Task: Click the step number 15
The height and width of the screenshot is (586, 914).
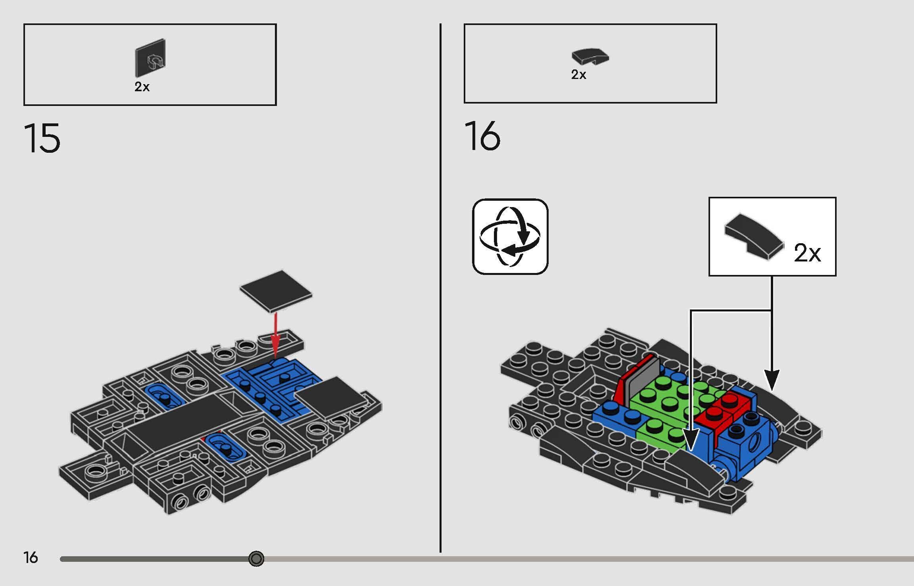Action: pos(42,138)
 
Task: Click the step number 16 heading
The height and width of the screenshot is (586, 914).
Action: pos(482,136)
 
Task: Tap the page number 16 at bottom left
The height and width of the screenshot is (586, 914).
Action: pos(31,557)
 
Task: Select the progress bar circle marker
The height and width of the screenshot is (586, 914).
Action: pos(256,559)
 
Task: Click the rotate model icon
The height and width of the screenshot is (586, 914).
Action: pos(510,236)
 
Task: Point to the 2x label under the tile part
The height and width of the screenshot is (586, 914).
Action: pos(142,87)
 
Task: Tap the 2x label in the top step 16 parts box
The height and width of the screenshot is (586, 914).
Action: pos(578,75)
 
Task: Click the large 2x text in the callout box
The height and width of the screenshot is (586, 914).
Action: pos(807,253)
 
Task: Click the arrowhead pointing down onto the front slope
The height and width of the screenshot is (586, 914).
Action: pos(690,440)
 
